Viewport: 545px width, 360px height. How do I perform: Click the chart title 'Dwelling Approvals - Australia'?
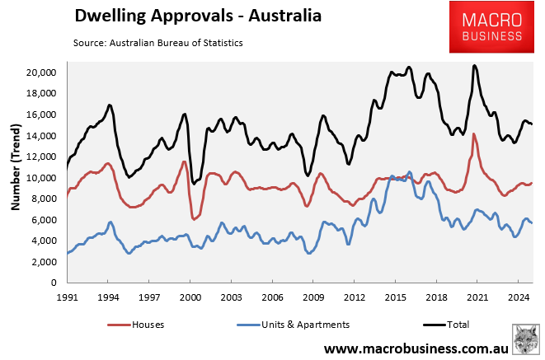186,16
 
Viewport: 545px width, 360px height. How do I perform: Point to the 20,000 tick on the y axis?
40,72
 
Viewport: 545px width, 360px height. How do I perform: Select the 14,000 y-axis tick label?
40,136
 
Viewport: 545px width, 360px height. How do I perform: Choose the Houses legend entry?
137,325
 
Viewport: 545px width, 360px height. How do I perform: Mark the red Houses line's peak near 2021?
474,133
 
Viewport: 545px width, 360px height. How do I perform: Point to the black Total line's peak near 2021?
474,66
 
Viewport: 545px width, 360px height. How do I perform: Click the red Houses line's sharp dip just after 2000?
194,219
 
